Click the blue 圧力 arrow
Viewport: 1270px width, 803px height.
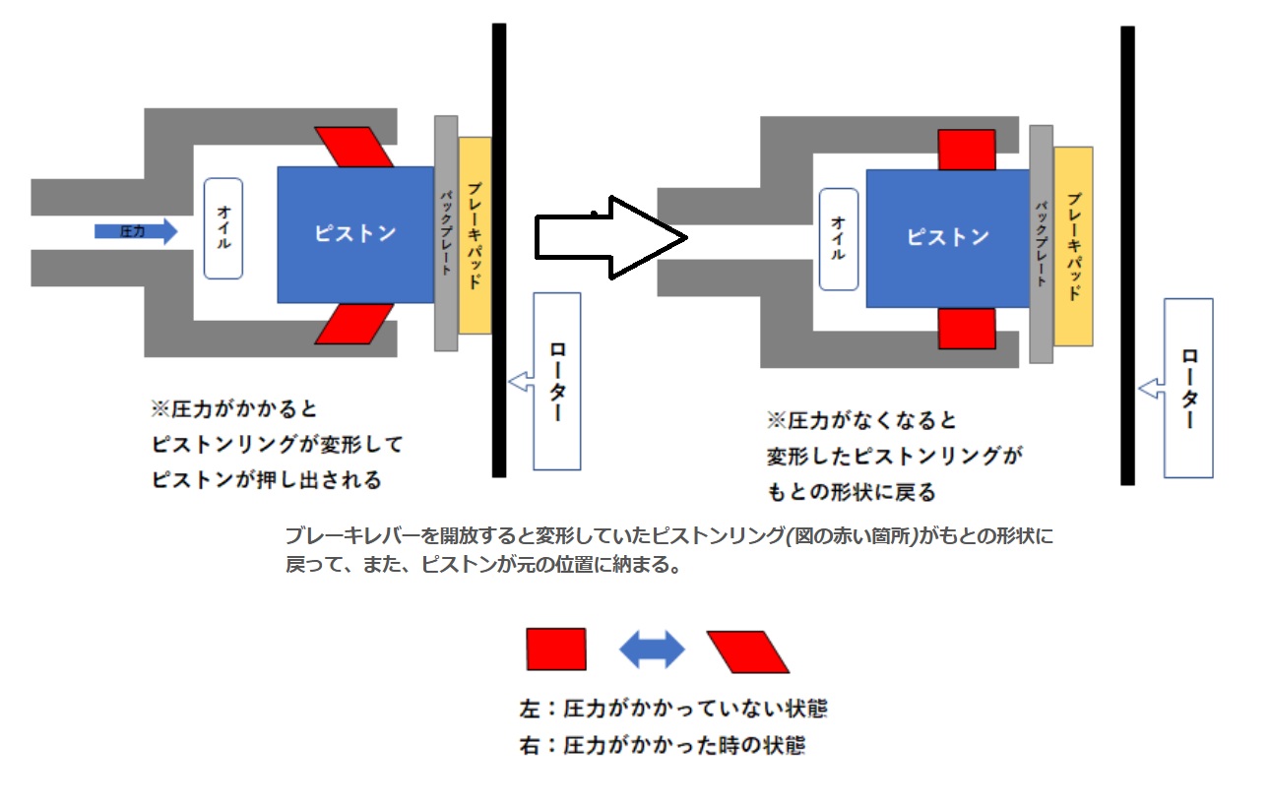(x=136, y=231)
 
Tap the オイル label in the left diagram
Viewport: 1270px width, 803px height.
(x=223, y=228)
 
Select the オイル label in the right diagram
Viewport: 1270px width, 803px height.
(x=839, y=239)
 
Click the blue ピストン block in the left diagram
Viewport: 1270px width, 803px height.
(x=355, y=234)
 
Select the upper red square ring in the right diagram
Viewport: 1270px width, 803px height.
(x=966, y=150)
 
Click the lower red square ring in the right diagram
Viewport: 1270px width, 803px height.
(x=966, y=328)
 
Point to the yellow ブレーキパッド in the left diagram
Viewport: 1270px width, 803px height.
(x=476, y=235)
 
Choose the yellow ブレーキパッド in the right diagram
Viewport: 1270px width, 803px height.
(x=1073, y=246)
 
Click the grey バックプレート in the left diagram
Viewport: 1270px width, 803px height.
(x=446, y=233)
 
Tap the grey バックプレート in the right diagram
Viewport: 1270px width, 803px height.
(x=1042, y=244)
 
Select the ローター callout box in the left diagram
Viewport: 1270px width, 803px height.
(x=557, y=381)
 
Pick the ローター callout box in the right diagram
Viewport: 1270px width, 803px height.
(x=1188, y=388)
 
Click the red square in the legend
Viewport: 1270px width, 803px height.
(x=556, y=649)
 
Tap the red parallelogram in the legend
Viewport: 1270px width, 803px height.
(x=748, y=651)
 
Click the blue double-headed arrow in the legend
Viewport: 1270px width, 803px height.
(x=652, y=649)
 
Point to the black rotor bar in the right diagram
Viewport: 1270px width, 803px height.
(x=1127, y=256)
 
